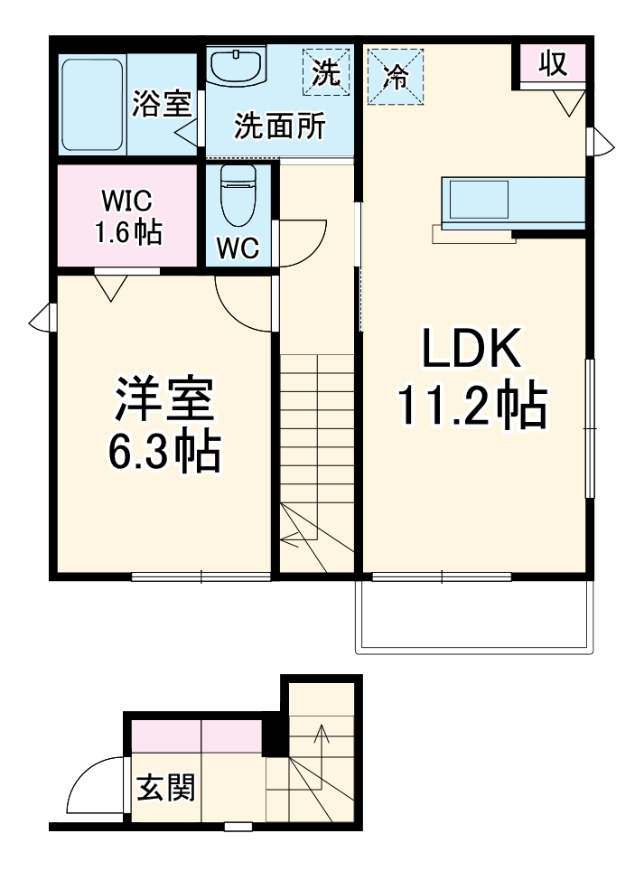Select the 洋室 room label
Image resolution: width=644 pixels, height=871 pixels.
(163, 400)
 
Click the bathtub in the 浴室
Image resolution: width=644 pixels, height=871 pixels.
(92, 105)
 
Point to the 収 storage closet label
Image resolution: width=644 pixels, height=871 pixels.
(551, 62)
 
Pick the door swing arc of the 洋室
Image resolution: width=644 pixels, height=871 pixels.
(240, 303)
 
